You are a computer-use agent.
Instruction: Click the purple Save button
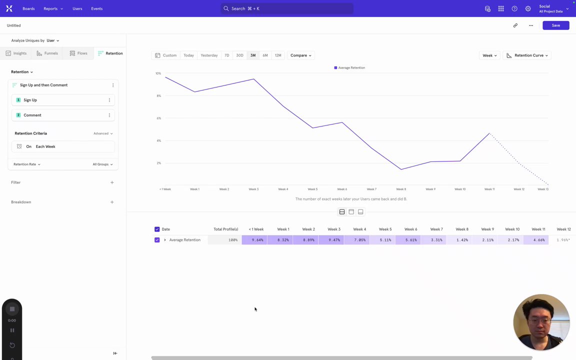point(555,25)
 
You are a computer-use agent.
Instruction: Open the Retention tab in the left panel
point(110,53)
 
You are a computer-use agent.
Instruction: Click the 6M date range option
point(265,55)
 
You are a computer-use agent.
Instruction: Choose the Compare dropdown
point(300,55)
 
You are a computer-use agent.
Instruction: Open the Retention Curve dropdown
point(527,55)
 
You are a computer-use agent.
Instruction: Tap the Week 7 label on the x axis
point(371,189)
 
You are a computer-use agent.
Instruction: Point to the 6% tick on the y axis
point(158,118)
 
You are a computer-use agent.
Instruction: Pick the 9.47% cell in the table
point(333,240)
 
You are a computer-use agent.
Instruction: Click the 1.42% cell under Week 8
point(461,240)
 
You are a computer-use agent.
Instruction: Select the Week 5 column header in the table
point(385,229)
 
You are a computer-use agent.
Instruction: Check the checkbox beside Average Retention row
point(157,240)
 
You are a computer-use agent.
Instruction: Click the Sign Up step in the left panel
point(30,100)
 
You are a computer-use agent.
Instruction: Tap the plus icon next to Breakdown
point(112,202)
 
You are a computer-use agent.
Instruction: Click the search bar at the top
point(287,8)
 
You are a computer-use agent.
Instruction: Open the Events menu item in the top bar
point(96,8)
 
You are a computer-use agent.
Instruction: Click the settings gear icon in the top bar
point(528,8)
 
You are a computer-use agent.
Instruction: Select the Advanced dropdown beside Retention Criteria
point(102,133)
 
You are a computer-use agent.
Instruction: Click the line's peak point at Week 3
point(254,79)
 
